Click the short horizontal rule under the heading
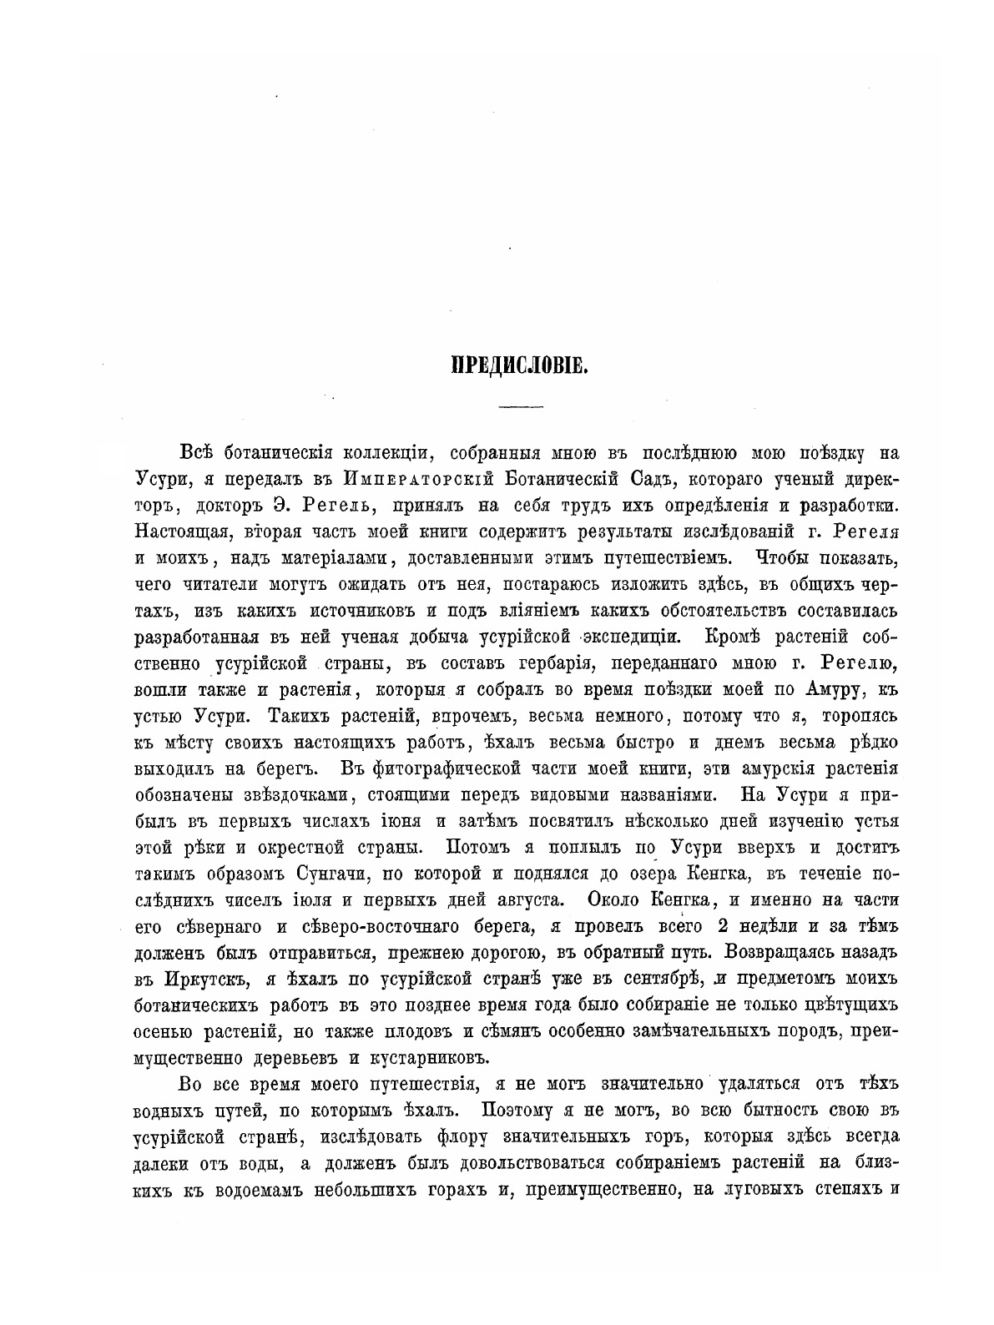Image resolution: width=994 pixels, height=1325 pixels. (520, 406)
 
